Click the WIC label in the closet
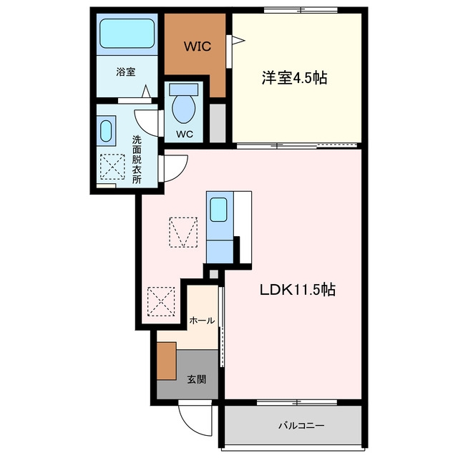click(198, 47)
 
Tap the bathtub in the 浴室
click(127, 34)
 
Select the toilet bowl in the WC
click(184, 109)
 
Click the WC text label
click(185, 134)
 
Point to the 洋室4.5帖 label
click(294, 78)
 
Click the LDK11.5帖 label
click(298, 289)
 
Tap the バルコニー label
click(301, 425)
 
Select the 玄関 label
click(197, 379)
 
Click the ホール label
click(202, 321)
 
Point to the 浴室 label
click(126, 72)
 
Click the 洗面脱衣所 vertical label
click(137, 160)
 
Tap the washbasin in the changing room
click(106, 131)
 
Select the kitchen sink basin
click(218, 210)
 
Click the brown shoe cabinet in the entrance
click(167, 361)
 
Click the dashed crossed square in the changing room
click(112, 167)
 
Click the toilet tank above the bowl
click(184, 89)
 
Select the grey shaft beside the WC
click(218, 123)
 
